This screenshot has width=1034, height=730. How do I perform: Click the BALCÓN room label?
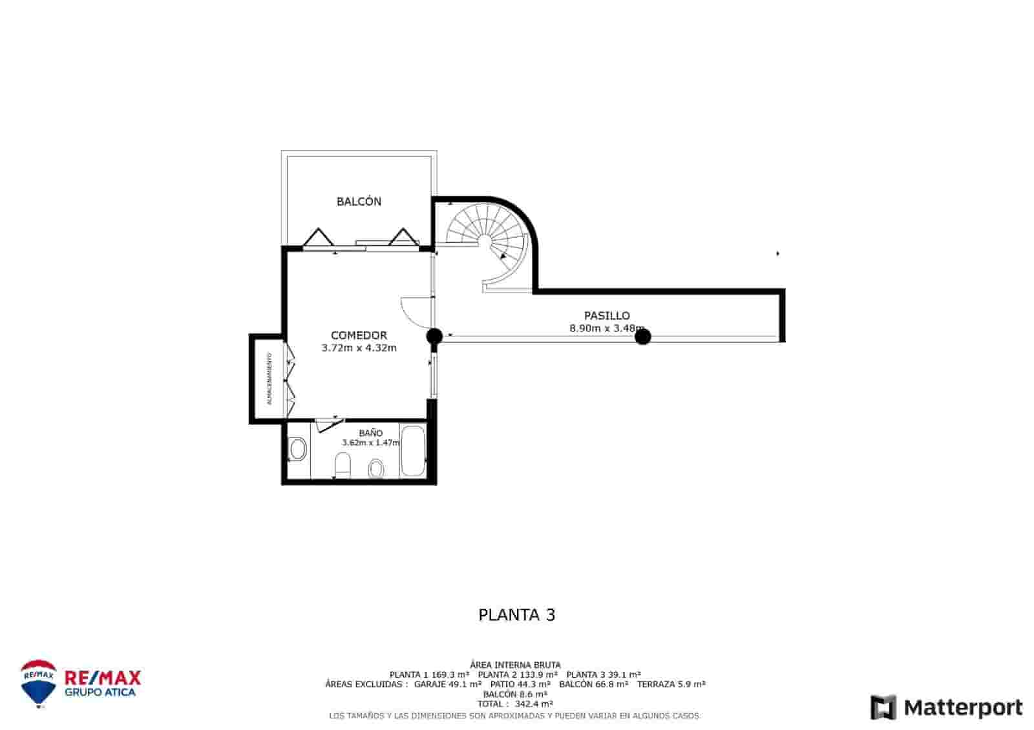coord(359,202)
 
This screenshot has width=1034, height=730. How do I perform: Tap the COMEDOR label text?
coord(359,335)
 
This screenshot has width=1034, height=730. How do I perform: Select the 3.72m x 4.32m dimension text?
coord(359,348)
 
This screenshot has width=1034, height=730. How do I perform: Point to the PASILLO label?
coord(607,316)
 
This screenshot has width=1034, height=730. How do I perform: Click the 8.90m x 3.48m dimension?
coord(607,328)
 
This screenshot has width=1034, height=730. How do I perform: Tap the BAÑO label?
coord(371,433)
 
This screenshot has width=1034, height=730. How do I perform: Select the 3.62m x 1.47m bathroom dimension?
coord(371,443)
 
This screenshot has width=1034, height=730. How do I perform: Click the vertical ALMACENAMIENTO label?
coord(269,379)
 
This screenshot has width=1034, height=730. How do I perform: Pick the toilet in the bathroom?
coord(343,465)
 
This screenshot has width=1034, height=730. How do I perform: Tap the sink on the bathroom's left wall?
coord(297,448)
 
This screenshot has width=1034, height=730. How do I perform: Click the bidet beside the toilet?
coord(375,468)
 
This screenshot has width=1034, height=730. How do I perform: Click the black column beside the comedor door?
coord(434,336)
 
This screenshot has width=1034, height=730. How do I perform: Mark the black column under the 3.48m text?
coord(642,337)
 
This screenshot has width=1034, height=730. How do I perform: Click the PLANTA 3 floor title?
coord(516,614)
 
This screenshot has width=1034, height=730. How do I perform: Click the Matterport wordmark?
coord(963,707)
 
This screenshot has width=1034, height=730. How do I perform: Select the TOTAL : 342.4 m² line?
coord(515,704)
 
